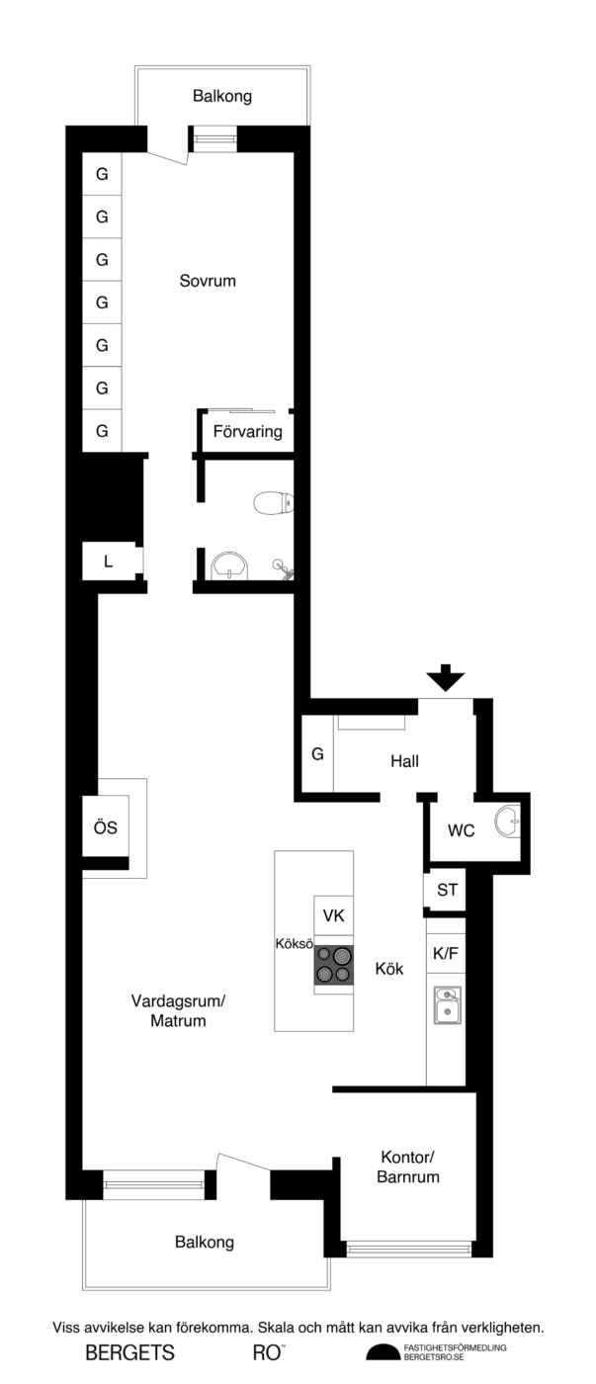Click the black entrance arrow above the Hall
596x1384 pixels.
pyautogui.click(x=446, y=678)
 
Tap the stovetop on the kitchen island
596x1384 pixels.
pyautogui.click(x=333, y=965)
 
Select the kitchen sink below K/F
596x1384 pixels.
pyautogui.click(x=447, y=1005)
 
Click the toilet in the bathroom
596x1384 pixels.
pyautogui.click(x=273, y=502)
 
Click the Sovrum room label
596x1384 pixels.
pyautogui.click(x=208, y=281)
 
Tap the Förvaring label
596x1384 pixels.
pyautogui.click(x=248, y=431)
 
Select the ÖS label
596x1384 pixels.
pyautogui.click(x=105, y=827)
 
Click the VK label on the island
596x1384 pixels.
pyautogui.click(x=333, y=915)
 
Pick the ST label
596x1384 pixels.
pyautogui.click(x=447, y=890)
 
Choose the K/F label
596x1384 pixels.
pyautogui.click(x=446, y=953)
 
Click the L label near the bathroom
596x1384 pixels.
pyautogui.click(x=108, y=562)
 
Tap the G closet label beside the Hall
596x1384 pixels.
pyautogui.click(x=317, y=753)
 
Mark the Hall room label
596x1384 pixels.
pyautogui.click(x=404, y=761)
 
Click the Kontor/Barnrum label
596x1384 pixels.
pyautogui.click(x=407, y=1167)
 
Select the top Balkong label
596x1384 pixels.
pyautogui.click(x=222, y=97)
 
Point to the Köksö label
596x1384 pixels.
pyautogui.click(x=294, y=944)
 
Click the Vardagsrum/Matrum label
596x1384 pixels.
pyautogui.click(x=178, y=1010)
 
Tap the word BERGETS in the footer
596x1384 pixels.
pyautogui.click(x=129, y=1353)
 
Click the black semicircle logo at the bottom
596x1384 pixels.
pyautogui.click(x=383, y=1352)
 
